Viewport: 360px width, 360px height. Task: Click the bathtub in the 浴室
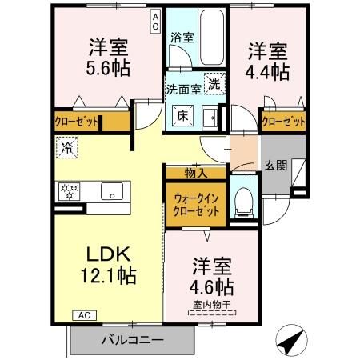(x=211, y=38)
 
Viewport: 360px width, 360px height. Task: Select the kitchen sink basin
(x=112, y=191)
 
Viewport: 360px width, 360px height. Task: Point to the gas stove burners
(x=70, y=191)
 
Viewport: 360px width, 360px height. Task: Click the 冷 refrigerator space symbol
(x=67, y=147)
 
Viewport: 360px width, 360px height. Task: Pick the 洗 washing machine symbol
(x=214, y=84)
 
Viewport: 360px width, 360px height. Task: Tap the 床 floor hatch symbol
(x=182, y=115)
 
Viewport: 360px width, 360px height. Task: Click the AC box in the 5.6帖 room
(x=155, y=22)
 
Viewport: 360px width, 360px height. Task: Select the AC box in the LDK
(x=84, y=315)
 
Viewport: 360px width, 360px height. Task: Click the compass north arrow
(x=291, y=340)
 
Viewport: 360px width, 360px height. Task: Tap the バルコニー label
(x=132, y=340)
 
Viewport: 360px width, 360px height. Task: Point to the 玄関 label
(x=276, y=166)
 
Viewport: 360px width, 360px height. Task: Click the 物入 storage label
(x=196, y=174)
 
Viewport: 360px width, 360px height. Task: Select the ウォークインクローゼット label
(x=196, y=205)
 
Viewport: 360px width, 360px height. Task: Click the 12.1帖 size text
(x=109, y=275)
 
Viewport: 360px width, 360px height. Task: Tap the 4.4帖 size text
(x=267, y=72)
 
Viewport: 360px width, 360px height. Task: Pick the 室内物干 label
(x=212, y=305)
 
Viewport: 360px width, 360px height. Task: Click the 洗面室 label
(x=184, y=90)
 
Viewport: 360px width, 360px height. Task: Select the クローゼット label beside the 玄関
(x=283, y=122)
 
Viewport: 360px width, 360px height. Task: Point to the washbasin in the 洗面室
(x=210, y=118)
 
